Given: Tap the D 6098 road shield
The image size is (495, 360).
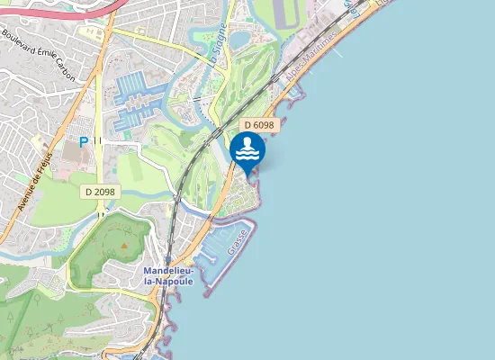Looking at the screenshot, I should pos(258,126).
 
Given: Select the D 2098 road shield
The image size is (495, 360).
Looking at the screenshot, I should pos(101,191).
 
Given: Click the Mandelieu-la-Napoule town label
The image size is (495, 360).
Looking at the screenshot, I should pos(168,275).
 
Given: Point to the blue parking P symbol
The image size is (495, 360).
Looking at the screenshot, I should pos(84,141).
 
